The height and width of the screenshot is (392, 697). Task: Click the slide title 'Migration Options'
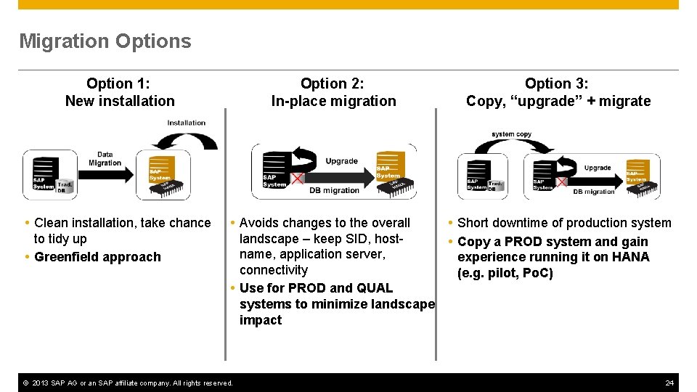105,41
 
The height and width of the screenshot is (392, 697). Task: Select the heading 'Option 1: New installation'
120,92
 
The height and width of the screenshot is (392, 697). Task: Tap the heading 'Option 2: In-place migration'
333,92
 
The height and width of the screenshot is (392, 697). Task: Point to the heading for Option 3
558,92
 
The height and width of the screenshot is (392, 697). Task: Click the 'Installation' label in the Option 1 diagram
186,123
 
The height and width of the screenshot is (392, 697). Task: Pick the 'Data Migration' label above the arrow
105,158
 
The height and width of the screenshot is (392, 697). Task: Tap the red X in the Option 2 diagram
297,179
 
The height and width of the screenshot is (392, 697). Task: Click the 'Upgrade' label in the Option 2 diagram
341,161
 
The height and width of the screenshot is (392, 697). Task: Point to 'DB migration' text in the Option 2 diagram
334,190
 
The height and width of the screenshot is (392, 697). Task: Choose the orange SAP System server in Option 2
390,167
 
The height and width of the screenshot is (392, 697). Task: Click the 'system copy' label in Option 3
511,134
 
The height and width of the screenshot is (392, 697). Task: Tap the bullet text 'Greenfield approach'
97,257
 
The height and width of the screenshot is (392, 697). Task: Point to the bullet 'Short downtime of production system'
564,223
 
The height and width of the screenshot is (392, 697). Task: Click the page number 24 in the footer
669,383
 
